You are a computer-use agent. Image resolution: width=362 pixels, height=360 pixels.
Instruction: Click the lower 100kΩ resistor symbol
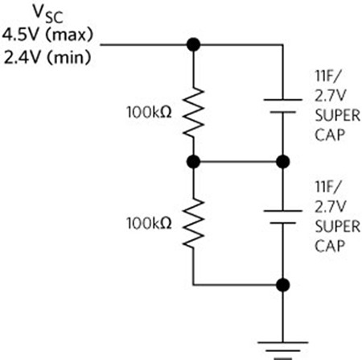tap(192, 223)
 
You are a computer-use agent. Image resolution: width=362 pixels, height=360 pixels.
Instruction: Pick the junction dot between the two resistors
tap(192, 163)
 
